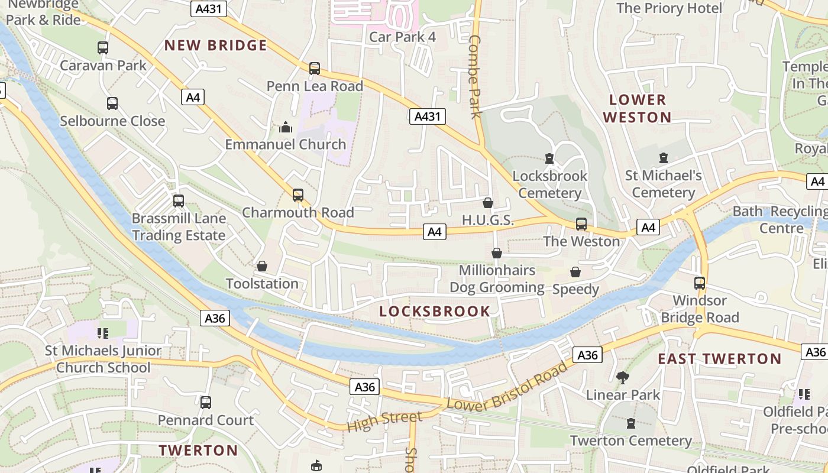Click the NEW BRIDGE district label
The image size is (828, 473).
[215, 46]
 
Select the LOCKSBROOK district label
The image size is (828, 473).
[435, 311]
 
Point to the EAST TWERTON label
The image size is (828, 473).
[719, 358]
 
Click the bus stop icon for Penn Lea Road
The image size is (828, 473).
[315, 69]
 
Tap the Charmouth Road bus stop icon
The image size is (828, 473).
[298, 195]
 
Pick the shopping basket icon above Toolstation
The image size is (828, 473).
[262, 267]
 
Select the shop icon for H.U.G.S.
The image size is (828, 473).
[488, 203]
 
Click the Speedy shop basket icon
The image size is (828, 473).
[575, 272]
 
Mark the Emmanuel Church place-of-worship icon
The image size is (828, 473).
[286, 127]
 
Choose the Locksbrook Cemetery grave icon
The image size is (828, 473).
[549, 158]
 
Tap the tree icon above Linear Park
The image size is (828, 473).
[622, 377]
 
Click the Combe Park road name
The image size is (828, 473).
[476, 77]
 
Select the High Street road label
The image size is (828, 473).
[384, 421]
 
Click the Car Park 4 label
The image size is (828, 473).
[402, 37]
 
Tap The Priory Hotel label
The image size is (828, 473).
[669, 8]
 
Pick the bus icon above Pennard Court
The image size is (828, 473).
[206, 403]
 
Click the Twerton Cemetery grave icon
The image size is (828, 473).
[630, 423]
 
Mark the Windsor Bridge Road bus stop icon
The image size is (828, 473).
[700, 283]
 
